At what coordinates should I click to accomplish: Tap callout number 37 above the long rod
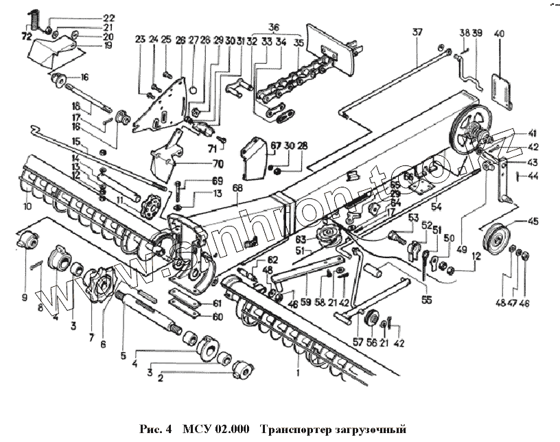pyautogui.click(x=417, y=32)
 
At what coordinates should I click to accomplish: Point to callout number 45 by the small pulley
pyautogui.click(x=533, y=221)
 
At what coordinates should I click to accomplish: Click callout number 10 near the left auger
pyautogui.click(x=27, y=206)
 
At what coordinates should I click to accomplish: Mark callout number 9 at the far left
pyautogui.click(x=24, y=297)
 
